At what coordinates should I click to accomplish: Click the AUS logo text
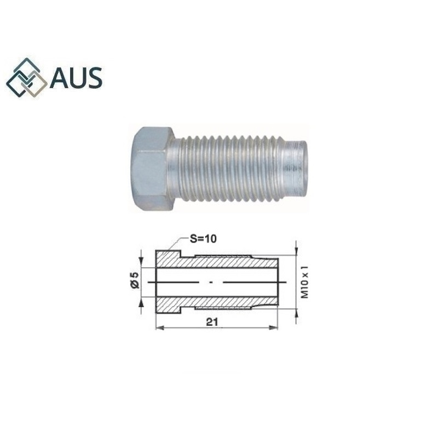click(76, 78)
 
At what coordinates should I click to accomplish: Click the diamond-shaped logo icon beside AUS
click(27, 78)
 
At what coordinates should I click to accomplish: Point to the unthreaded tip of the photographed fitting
click(295, 168)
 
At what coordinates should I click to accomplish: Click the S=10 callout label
click(203, 239)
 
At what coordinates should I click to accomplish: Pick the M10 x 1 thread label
click(305, 281)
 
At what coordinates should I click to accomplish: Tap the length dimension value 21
click(212, 322)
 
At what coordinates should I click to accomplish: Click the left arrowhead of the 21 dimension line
click(159, 327)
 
